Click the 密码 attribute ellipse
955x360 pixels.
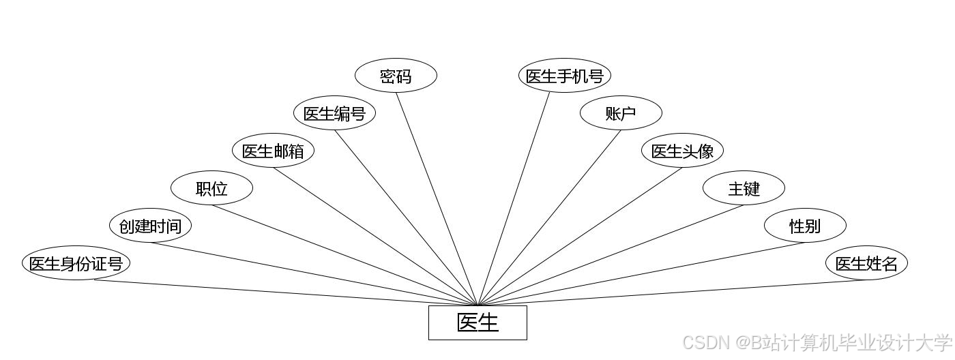pos(396,76)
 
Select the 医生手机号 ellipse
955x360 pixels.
pos(565,76)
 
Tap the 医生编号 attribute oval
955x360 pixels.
pos(334,113)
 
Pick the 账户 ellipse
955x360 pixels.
pos(621,113)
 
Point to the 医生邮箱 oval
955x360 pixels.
pos(273,151)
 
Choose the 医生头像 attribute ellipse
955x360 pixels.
pos(682,151)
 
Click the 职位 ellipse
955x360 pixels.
pos(211,188)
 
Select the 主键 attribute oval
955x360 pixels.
pos(744,188)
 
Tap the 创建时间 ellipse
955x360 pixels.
pos(150,226)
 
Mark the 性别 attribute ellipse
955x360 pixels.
pos(805,226)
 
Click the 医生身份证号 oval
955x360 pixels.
pos(76,263)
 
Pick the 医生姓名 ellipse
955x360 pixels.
pos(866,263)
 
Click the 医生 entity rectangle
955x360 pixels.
pos(477,322)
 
